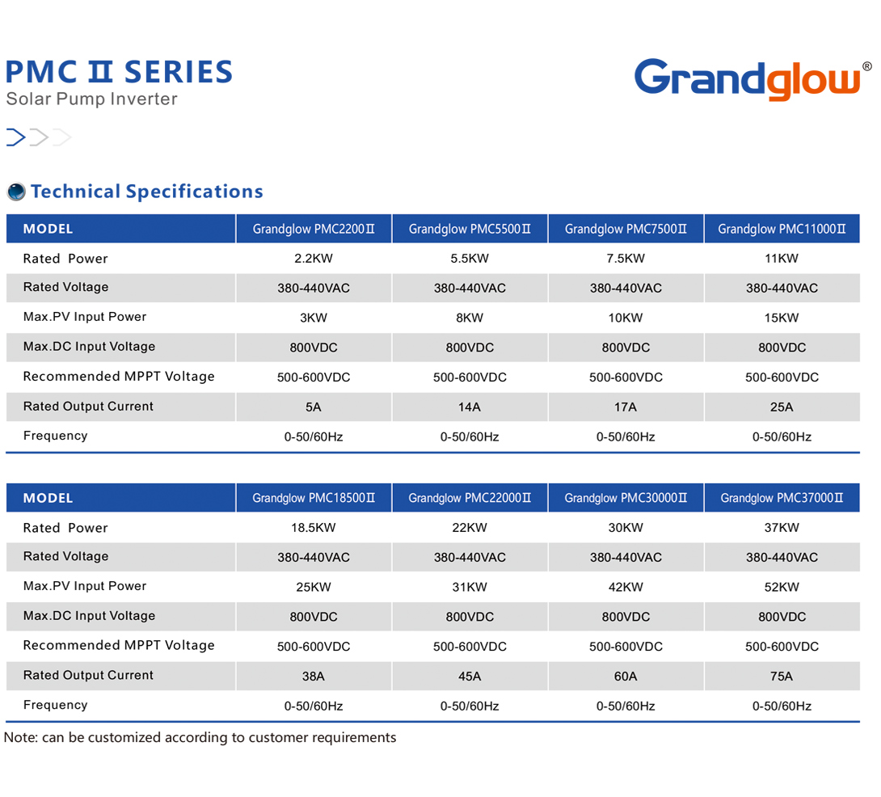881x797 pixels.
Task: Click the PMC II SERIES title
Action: (x=119, y=73)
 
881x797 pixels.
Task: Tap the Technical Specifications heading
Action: (x=147, y=192)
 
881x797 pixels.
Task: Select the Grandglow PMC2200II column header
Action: (x=314, y=229)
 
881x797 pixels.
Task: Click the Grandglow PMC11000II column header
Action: (x=782, y=229)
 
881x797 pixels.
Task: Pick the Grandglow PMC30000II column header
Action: (x=626, y=498)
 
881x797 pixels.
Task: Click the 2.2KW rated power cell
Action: (x=314, y=259)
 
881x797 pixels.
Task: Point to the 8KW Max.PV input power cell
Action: (x=470, y=318)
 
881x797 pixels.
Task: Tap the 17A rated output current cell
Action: (x=626, y=407)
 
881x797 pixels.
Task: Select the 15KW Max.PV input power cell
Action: (x=782, y=318)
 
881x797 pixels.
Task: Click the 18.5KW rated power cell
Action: (x=314, y=528)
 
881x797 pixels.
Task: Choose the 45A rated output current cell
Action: (x=470, y=677)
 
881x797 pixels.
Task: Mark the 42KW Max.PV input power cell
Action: (x=626, y=588)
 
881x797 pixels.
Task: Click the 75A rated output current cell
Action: (x=782, y=677)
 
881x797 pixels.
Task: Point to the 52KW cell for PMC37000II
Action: (x=782, y=588)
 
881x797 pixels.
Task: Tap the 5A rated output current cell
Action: (x=314, y=407)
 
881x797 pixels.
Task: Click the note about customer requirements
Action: (x=200, y=737)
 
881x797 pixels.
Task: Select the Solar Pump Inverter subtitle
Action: (x=91, y=99)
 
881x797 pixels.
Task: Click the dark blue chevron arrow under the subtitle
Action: (x=16, y=137)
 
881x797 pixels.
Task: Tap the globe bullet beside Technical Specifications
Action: (x=16, y=192)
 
